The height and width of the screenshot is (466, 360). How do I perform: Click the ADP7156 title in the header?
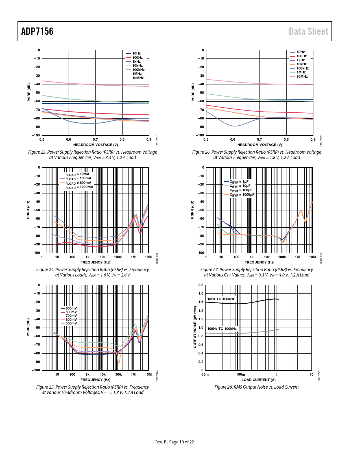tap(37, 31)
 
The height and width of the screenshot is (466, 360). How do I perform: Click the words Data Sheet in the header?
tap(308, 31)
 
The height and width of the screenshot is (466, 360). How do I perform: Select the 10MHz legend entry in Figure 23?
tap(138, 78)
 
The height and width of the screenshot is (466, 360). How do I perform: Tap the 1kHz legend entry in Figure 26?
tap(300, 60)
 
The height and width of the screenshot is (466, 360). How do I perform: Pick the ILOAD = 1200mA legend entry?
tap(80, 187)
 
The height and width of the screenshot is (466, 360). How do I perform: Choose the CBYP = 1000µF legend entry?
tap(242, 195)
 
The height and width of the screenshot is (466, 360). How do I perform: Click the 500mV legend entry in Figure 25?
tap(71, 323)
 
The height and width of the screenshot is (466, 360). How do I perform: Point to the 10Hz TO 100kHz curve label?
tap(221, 299)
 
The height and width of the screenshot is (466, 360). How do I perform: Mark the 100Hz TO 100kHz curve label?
tap(222, 329)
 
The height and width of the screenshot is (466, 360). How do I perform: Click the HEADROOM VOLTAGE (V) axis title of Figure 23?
tap(95, 145)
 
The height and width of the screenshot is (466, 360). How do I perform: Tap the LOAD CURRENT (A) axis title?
tap(258, 380)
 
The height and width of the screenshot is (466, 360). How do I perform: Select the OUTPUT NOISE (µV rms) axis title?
tap(195, 327)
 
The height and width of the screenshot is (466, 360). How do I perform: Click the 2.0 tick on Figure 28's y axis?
tap(200, 285)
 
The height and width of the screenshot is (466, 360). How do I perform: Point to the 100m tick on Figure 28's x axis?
tap(241, 374)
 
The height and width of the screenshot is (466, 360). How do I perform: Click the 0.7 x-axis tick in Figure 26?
tap(259, 140)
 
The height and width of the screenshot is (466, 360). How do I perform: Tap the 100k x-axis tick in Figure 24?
tap(118, 257)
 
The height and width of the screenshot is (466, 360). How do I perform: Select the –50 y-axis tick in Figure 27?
tap(201, 210)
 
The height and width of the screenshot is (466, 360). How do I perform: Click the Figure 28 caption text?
tap(256, 387)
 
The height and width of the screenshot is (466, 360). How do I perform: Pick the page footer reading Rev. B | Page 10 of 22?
tap(174, 442)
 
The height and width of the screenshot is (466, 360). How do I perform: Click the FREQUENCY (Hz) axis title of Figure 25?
tap(95, 380)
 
